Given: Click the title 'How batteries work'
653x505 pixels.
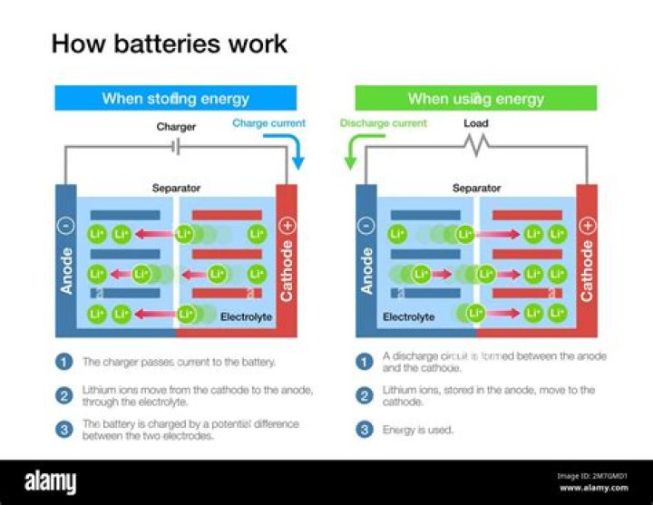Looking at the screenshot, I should tap(169, 43).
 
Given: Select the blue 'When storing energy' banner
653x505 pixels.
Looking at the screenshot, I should tap(175, 98).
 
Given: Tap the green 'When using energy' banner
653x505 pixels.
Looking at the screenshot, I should tap(475, 98).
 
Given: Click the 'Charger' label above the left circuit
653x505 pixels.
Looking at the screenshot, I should tap(176, 127).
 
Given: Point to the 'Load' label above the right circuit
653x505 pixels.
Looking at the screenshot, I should tap(475, 123).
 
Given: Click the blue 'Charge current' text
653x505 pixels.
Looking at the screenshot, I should tap(268, 122).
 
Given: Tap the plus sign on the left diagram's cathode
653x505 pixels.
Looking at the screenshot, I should tap(288, 225).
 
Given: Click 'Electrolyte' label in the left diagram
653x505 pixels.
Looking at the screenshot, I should tap(246, 317).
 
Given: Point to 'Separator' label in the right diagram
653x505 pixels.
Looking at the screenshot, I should tap(476, 189).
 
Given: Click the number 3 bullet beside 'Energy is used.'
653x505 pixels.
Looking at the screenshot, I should tap(364, 430).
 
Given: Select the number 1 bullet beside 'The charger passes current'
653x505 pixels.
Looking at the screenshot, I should tap(63, 362).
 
